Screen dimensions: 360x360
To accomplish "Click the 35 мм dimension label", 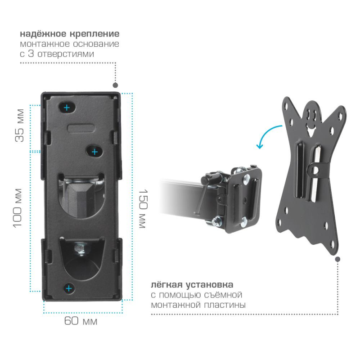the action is click(19, 126).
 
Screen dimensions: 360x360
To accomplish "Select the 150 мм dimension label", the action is click(143, 209).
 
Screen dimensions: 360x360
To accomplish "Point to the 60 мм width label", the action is click(81, 321).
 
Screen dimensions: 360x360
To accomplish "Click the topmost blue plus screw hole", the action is click(67, 108).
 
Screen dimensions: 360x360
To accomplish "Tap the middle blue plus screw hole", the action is click(94, 152).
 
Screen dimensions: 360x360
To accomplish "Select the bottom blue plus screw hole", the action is click(69, 288).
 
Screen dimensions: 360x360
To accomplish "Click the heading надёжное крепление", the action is click(70, 34).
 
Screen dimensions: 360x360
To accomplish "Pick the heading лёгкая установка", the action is click(192, 285).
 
